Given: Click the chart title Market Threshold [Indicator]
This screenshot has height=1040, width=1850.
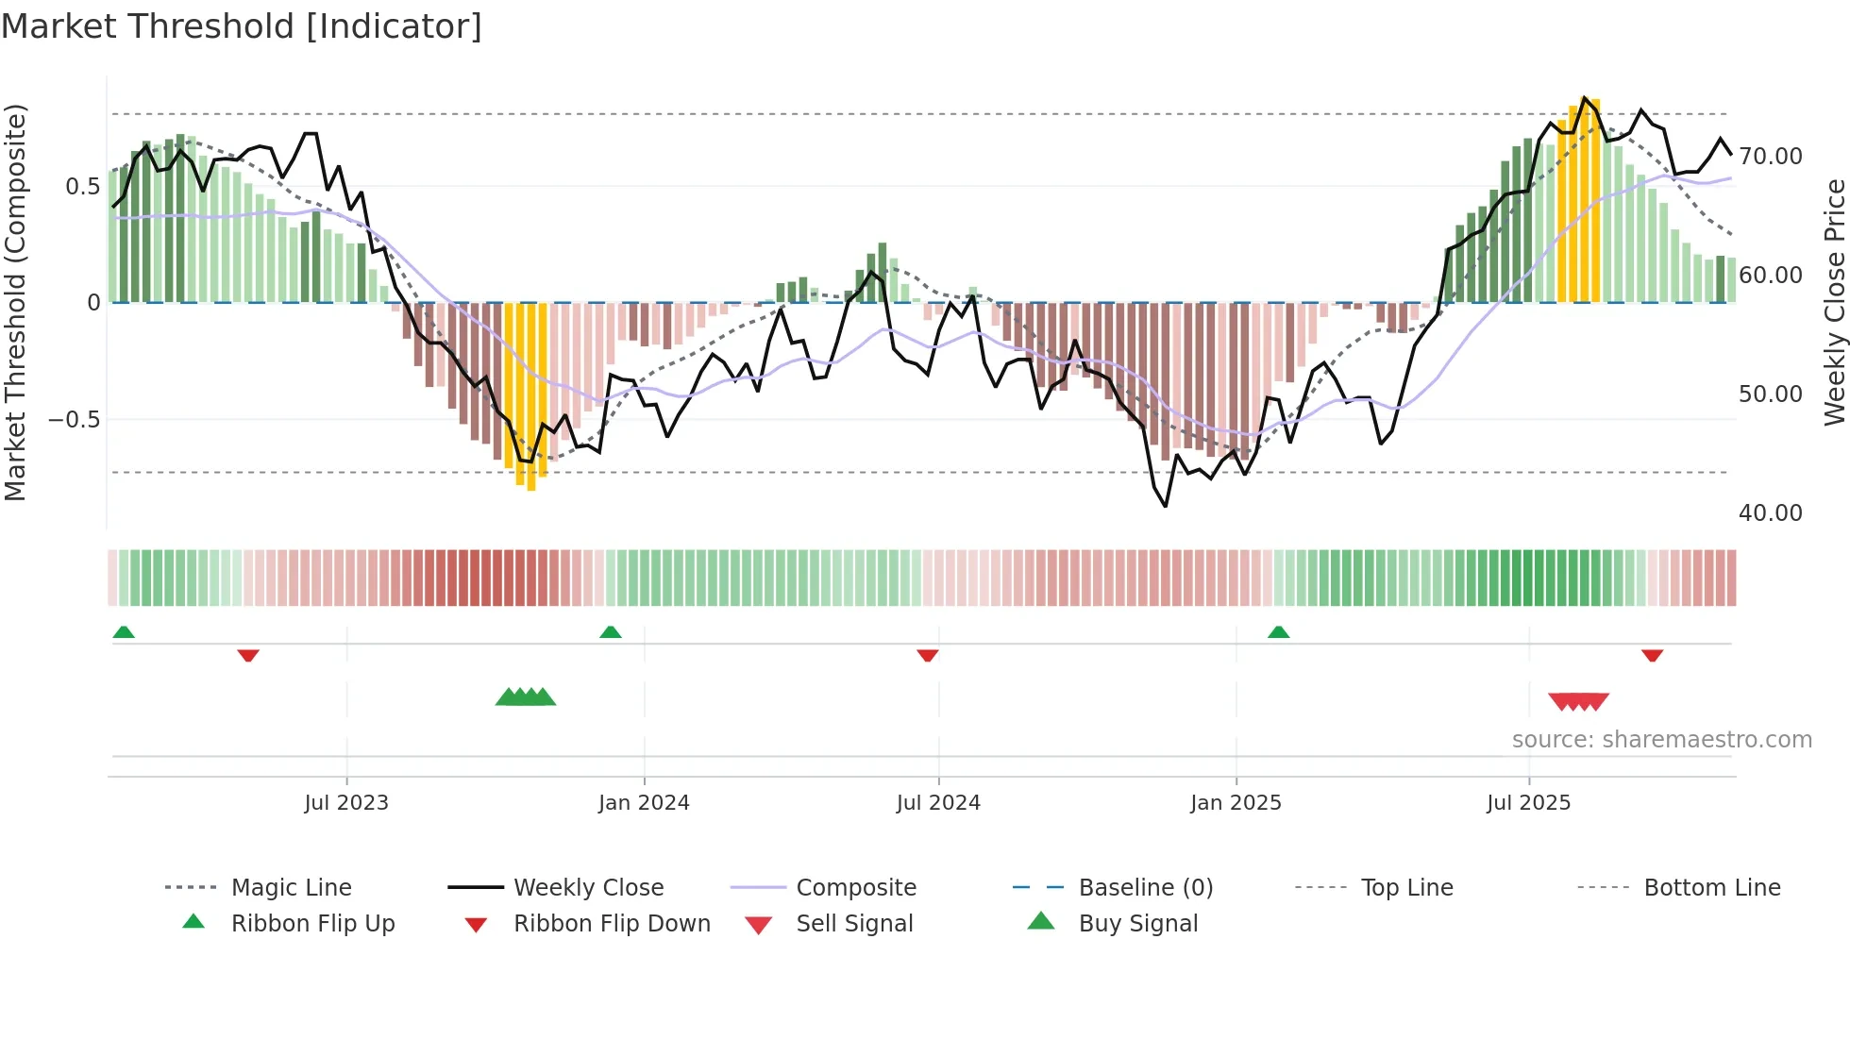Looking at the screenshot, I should click(x=242, y=26).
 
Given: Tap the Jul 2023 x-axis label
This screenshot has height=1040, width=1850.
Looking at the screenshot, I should click(x=346, y=803).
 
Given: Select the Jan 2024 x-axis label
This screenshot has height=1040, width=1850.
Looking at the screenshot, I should click(x=644, y=803).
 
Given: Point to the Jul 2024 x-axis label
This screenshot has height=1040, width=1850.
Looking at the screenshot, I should click(x=938, y=803).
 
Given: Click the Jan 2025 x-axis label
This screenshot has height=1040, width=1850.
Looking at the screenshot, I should click(x=1236, y=803).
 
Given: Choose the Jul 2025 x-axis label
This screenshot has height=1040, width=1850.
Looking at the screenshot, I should click(x=1528, y=803).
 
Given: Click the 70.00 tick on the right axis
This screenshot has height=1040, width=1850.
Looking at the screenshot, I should click(x=1770, y=157).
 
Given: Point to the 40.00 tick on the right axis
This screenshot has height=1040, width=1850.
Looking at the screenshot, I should click(x=1770, y=513).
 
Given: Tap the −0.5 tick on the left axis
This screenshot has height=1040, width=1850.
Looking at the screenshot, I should click(x=75, y=419).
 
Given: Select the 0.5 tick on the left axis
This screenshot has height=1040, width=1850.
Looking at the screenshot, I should click(x=82, y=187).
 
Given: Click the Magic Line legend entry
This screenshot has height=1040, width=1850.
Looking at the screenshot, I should click(x=291, y=888).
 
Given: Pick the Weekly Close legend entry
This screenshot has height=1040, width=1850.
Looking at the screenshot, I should click(x=588, y=888).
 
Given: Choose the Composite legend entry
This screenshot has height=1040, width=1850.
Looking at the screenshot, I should click(x=855, y=888).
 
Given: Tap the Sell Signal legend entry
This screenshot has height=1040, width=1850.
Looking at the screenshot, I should click(x=854, y=924).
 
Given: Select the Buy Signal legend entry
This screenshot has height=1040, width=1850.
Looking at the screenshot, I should click(x=1137, y=924).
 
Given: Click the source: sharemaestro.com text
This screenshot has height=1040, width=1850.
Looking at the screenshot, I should click(x=1661, y=740).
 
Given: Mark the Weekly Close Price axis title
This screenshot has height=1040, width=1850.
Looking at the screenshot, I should click(x=1834, y=302).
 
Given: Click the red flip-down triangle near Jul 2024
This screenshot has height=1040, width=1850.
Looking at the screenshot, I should click(x=928, y=655).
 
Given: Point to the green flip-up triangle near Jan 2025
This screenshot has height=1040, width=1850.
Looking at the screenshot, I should click(x=1278, y=632).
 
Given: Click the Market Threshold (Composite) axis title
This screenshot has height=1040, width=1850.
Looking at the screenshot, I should click(x=15, y=302).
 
